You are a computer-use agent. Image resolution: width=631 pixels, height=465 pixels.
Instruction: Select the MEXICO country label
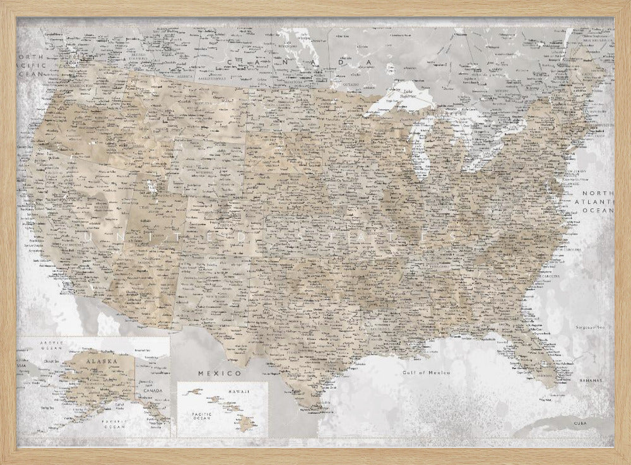pos(211,374)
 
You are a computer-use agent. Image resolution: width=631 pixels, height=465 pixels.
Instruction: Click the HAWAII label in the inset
pos(238,392)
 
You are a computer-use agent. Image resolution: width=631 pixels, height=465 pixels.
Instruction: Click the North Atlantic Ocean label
pos(598,201)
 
